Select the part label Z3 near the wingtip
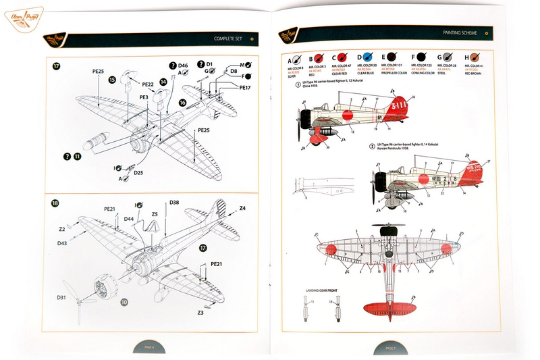click(200, 313)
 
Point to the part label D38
click(174, 203)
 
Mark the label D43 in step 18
click(62, 242)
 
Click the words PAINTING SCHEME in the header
click(460, 32)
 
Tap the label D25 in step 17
click(138, 173)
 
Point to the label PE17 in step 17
click(244, 87)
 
